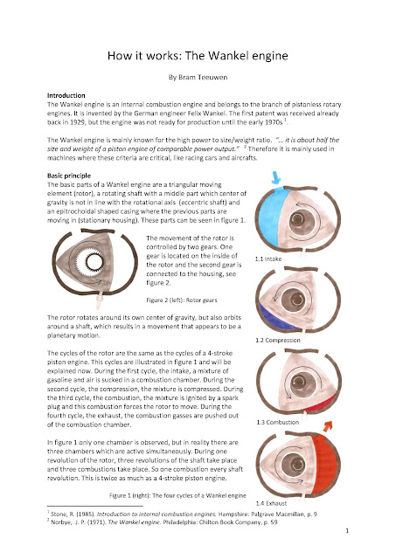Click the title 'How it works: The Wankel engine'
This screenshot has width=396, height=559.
click(x=198, y=56)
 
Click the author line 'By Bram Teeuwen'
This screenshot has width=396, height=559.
click(x=198, y=78)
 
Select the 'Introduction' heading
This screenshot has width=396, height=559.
click(x=66, y=95)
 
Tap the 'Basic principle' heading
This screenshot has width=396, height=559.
click(x=69, y=176)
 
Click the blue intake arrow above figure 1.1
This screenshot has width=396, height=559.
click(x=276, y=177)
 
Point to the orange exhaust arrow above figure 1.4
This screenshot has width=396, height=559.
click(x=328, y=425)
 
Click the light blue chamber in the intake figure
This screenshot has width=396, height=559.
click(x=268, y=217)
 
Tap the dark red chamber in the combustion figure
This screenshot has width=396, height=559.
click(x=321, y=404)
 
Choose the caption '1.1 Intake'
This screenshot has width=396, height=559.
click(x=268, y=259)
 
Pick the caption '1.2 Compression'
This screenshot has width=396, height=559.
click(x=278, y=340)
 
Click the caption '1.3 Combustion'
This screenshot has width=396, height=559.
click(x=278, y=422)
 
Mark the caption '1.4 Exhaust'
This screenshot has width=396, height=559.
click(x=271, y=503)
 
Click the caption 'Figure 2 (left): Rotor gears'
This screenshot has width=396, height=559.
click(x=182, y=300)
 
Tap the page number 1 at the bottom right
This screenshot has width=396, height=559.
click(x=347, y=531)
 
